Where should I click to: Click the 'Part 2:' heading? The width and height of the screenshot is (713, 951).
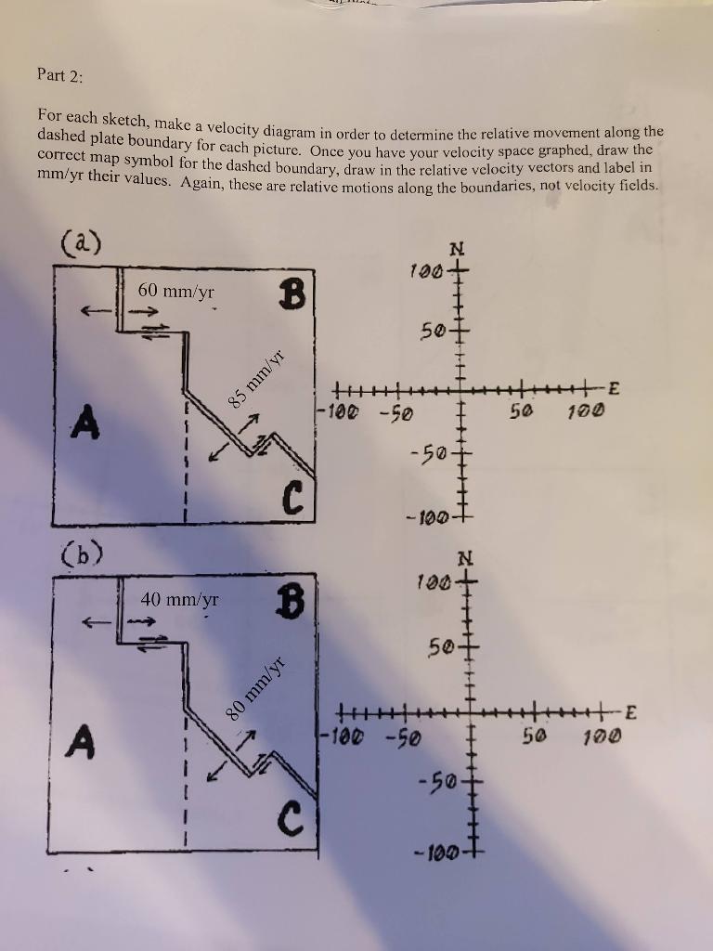[60, 75]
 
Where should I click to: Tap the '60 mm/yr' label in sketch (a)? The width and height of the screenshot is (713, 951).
[175, 292]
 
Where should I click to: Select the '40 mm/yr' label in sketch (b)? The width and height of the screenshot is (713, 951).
[180, 600]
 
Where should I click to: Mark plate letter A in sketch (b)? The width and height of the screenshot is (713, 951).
[84, 741]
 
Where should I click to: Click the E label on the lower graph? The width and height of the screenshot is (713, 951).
[630, 712]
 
